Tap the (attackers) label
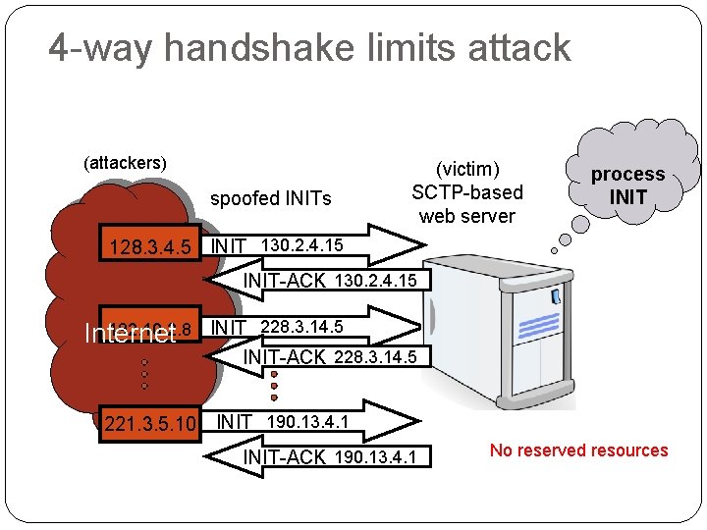125,162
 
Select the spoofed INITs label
271,199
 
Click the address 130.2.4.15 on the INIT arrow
302,242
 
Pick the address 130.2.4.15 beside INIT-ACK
377,282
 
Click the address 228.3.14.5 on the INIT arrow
301,327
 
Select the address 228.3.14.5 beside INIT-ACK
376,356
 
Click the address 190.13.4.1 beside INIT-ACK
376,457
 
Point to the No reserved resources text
578,450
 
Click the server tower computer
501,329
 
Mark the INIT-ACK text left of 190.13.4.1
284,457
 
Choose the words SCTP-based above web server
467,192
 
